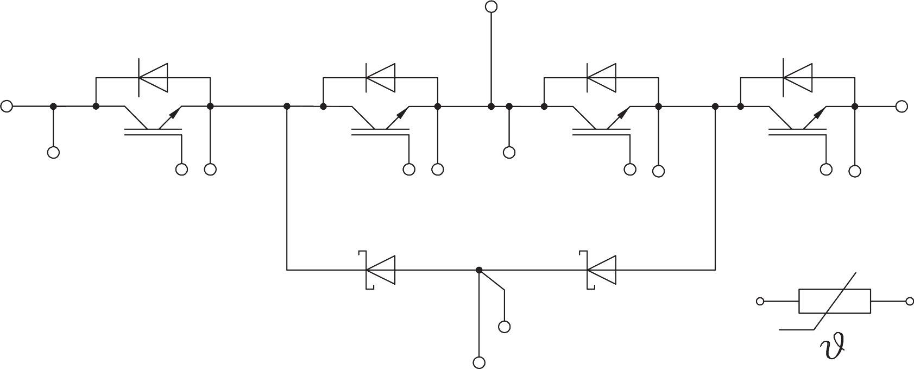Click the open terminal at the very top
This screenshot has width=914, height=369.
point(491,7)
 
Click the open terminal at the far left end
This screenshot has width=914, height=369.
point(7,106)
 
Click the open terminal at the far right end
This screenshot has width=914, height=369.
point(902,106)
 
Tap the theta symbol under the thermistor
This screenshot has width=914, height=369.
point(834,346)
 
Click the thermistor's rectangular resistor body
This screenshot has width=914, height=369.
point(834,301)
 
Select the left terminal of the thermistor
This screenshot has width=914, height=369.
point(760,301)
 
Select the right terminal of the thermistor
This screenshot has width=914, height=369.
point(910,301)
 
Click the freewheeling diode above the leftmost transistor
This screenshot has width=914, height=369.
point(153,78)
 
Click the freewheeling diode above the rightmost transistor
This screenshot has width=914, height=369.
point(798,78)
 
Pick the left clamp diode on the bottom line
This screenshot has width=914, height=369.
point(380,270)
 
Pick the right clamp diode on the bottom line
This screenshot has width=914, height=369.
point(602,270)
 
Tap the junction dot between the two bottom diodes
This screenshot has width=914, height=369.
point(478,270)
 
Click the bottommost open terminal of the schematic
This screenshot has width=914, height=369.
point(479,362)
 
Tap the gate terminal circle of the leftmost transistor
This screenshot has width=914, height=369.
point(182,169)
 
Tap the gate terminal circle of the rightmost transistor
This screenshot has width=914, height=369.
point(826,169)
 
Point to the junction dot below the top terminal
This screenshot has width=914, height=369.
point(491,106)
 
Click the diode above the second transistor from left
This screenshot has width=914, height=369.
point(380,78)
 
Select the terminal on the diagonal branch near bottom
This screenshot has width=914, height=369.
point(505,326)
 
